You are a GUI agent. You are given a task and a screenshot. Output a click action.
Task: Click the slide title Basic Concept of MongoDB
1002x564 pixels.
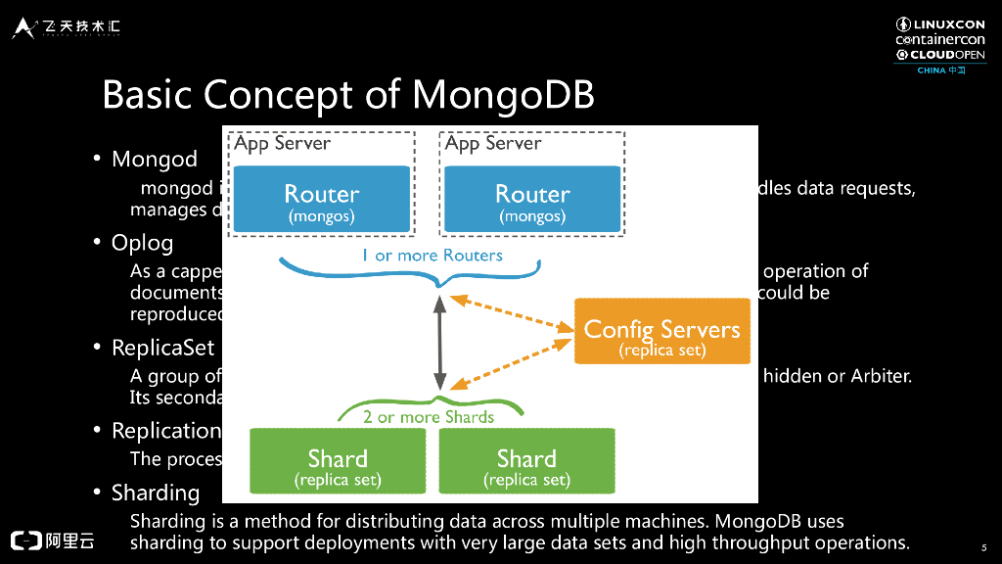coord(348,95)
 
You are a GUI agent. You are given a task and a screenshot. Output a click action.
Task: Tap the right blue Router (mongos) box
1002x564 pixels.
coord(532,200)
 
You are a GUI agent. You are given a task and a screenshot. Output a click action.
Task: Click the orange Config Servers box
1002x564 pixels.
coord(661,331)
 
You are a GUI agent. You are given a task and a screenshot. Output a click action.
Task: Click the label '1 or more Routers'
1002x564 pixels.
coord(432,256)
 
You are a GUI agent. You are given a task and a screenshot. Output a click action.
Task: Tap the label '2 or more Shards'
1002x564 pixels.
coord(428,417)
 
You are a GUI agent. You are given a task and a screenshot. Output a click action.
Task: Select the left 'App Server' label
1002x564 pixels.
coord(282,144)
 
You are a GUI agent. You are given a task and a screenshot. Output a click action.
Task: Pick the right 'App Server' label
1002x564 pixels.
coord(493,144)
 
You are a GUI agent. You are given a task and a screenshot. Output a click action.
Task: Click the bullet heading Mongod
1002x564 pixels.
coord(155,160)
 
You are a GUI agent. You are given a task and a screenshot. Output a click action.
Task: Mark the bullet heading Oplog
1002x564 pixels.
coord(142,243)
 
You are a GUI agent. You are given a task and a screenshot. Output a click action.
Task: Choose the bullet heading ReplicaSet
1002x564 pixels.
coord(162,349)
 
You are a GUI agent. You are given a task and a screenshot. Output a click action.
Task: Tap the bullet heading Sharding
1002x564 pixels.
coord(156,493)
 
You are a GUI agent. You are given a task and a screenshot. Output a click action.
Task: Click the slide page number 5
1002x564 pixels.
coord(982,547)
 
